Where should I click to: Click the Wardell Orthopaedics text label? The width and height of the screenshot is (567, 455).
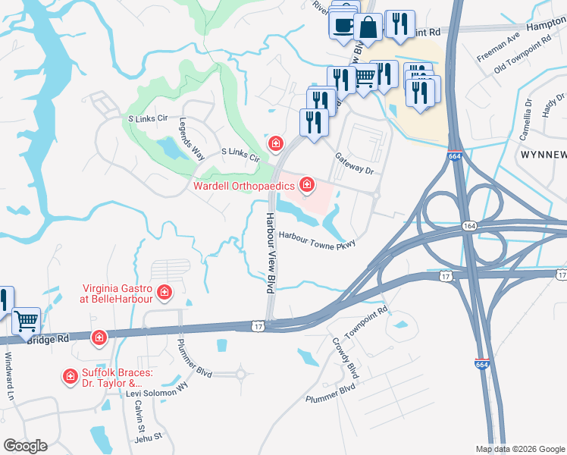tap(245, 186)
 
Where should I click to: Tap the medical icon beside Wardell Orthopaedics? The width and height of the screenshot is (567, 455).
tap(307, 184)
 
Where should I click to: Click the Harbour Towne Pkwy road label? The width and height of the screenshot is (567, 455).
tap(317, 237)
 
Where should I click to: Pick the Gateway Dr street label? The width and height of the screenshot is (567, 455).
tap(356, 163)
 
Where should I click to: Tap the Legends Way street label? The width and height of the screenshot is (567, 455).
tap(193, 139)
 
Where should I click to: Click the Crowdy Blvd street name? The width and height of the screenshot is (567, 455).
tap(345, 358)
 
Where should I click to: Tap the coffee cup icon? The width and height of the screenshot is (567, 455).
tap(343, 24)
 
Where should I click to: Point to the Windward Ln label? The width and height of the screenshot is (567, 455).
tap(9, 367)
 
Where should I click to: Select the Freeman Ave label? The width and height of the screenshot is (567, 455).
tap(498, 46)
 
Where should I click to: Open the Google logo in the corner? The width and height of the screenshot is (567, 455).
tap(25, 446)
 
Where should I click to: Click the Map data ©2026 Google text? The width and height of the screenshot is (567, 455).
tap(520, 449)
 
